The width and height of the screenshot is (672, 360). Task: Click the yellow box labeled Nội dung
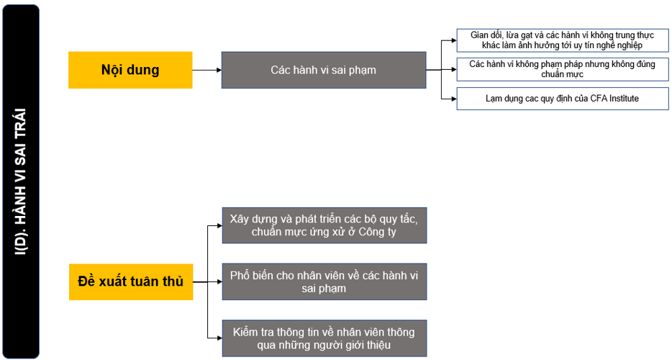tap(130, 70)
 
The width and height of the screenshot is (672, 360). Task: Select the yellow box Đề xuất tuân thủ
tap(131, 282)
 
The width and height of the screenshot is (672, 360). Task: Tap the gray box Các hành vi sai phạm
tap(324, 70)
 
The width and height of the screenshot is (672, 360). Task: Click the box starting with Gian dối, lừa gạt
tap(563, 40)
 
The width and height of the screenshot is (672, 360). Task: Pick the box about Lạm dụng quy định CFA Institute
tap(563, 99)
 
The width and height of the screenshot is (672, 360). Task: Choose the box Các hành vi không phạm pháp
tap(563, 69)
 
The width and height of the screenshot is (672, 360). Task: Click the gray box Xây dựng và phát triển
tap(324, 225)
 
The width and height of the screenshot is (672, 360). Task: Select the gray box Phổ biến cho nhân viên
tap(324, 282)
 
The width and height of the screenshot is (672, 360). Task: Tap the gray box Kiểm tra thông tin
tap(324, 338)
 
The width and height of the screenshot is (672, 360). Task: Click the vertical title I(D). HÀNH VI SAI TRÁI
tap(21, 181)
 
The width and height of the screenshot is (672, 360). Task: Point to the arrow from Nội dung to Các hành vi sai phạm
tap(207, 70)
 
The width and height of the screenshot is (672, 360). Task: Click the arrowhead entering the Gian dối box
tap(454, 41)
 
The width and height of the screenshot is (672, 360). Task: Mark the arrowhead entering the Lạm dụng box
tap(454, 99)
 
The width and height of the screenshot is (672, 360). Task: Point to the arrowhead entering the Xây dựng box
tap(219, 225)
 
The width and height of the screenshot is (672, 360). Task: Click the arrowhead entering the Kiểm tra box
tap(219, 338)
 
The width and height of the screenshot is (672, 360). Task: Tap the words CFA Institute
tap(614, 98)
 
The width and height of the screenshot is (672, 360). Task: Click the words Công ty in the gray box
tap(377, 232)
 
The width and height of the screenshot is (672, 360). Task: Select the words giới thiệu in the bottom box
tap(369, 345)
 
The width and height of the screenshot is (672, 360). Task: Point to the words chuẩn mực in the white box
tap(563, 74)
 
